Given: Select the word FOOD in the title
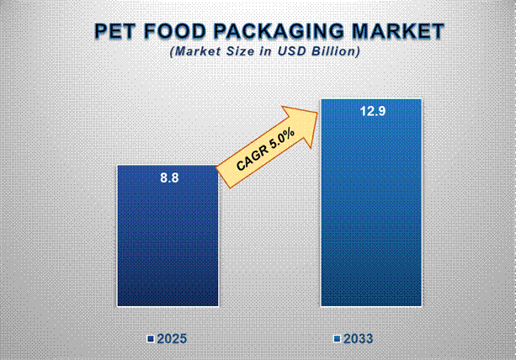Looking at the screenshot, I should tap(175, 32).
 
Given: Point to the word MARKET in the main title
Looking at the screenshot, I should tap(399, 32).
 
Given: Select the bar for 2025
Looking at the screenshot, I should tap(168, 244).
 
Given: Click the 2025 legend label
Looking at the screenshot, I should tap(172, 339).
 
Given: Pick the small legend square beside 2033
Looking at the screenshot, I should tap(336, 339).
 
